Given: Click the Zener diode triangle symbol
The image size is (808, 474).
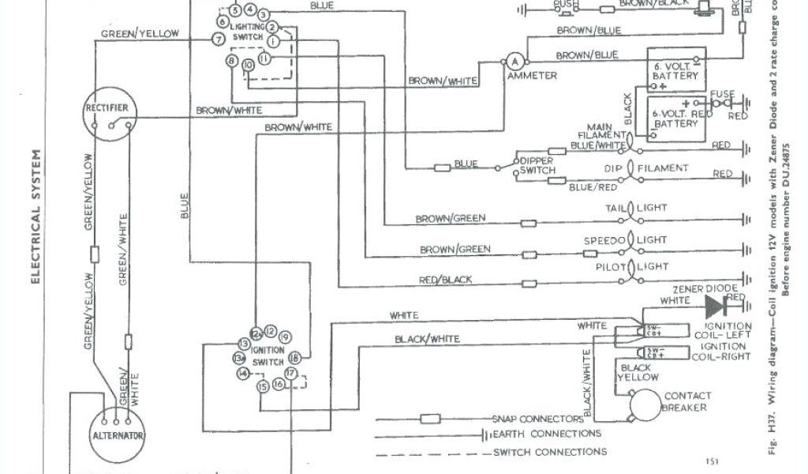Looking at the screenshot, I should coord(715,306).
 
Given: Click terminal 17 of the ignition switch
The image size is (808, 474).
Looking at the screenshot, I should coord(291,372).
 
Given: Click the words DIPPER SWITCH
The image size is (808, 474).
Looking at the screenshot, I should coord(537,165).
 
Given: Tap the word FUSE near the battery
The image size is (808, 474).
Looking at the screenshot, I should coord(722,94).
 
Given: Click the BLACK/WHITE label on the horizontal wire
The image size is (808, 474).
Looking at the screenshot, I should coord(426,339).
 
